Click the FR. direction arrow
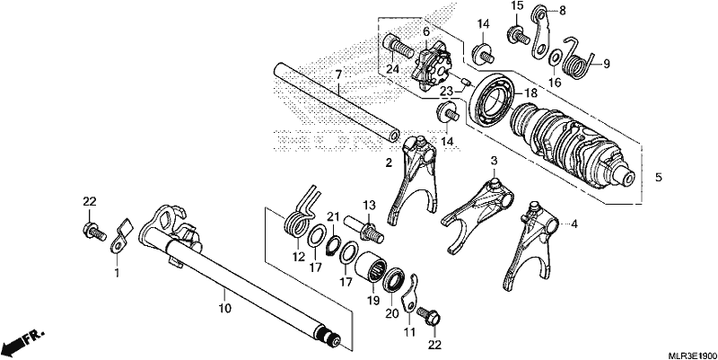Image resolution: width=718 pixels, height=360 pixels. pos(23,341)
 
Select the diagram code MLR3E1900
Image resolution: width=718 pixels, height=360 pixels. pos(692,356)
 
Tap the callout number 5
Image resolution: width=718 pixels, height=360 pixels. pos(659,177)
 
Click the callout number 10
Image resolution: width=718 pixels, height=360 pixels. pos(224,308)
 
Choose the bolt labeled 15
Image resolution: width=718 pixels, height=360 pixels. pos(519,35)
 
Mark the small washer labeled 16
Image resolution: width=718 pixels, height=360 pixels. pos(554,57)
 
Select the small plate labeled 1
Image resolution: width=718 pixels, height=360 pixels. pos(120,237)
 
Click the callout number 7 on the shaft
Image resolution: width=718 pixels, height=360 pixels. pos(338,75)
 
